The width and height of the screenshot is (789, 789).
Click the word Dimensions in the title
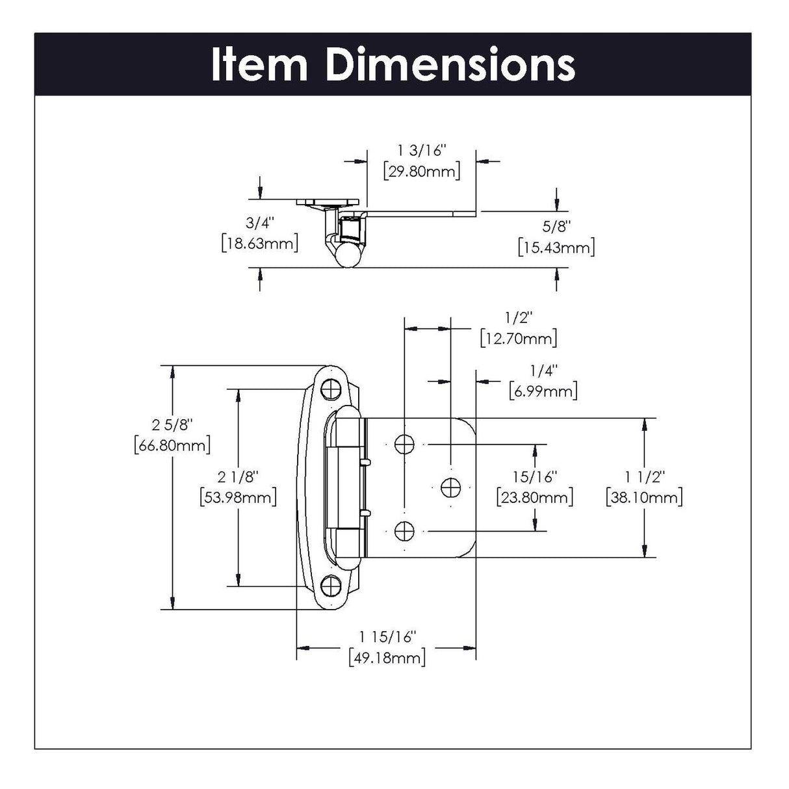point(450,64)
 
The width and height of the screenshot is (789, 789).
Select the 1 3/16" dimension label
point(422,151)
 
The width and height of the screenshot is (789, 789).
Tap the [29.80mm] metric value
point(422,172)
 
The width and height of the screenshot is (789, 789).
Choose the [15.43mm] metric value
point(556,247)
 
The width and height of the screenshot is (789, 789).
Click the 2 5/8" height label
point(172,425)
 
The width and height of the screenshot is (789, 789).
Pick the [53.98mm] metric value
point(239,497)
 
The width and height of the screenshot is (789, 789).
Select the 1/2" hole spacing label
point(518,318)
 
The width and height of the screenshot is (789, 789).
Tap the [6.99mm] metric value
point(543,391)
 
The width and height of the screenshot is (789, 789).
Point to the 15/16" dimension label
point(535,477)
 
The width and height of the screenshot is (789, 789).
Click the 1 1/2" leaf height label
point(644,477)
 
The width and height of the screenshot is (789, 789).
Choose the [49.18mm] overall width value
point(387,657)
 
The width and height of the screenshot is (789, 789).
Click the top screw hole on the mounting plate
point(332,388)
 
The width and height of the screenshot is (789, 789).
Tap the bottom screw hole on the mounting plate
point(332,586)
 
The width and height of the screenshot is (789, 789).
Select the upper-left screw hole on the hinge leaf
point(405,444)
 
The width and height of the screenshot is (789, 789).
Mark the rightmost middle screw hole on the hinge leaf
point(450,487)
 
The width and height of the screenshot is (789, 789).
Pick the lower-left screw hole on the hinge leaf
point(405,531)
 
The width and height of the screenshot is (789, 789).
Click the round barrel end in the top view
point(347,255)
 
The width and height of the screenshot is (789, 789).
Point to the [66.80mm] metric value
point(172,446)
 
